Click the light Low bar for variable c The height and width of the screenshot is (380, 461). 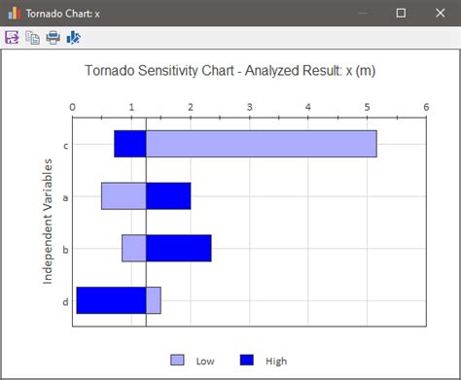click(261, 144)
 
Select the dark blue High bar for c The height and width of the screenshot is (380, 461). click(129, 144)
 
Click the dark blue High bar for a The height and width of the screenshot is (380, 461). click(167, 195)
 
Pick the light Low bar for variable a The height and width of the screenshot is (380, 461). click(124, 195)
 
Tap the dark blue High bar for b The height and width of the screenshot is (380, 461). click(178, 248)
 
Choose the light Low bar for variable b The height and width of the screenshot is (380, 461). click(134, 248)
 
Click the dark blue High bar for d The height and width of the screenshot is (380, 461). click(111, 300)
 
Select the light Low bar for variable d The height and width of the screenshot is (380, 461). click(153, 300)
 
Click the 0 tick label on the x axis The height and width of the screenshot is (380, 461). click(73, 107)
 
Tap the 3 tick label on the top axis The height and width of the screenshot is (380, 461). click(250, 107)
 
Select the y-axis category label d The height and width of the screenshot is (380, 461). click(65, 301)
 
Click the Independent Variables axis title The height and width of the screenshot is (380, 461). click(47, 223)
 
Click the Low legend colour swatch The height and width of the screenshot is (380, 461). click(176, 360)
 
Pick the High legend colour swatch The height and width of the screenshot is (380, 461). click(246, 360)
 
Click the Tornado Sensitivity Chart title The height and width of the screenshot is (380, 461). click(230, 71)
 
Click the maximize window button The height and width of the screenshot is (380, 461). click(401, 13)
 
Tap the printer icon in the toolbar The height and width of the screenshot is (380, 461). click(53, 38)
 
